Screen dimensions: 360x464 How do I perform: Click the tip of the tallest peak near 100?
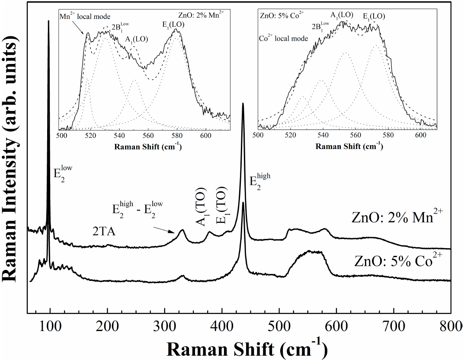coord(48,21)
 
